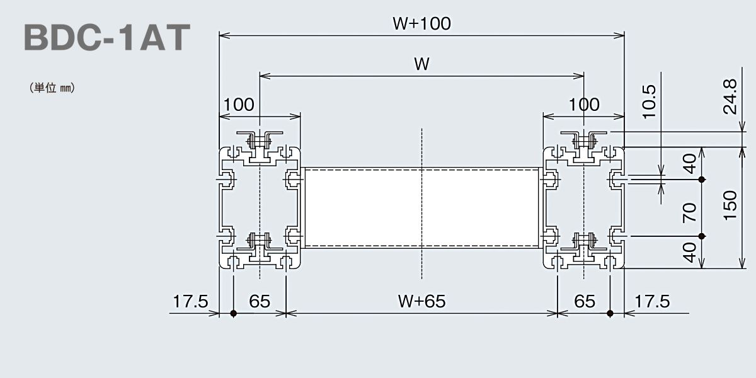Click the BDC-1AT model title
tap(107, 37)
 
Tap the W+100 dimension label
tap(421, 23)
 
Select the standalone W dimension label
tap(422, 64)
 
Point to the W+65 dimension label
tap(421, 301)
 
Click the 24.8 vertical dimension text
tap(730, 97)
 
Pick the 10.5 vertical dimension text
tap(649, 101)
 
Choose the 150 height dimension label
tap(730, 206)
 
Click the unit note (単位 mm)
tap(52, 88)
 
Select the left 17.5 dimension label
tap(190, 301)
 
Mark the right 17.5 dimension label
tap(652, 301)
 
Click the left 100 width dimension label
tap(239, 105)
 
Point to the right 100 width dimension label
tap(584, 105)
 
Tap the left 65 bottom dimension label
tap(260, 301)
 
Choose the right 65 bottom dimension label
tap(585, 301)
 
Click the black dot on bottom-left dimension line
tap(233, 314)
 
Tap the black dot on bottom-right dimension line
tap(610, 314)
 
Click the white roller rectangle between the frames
tap(421, 208)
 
